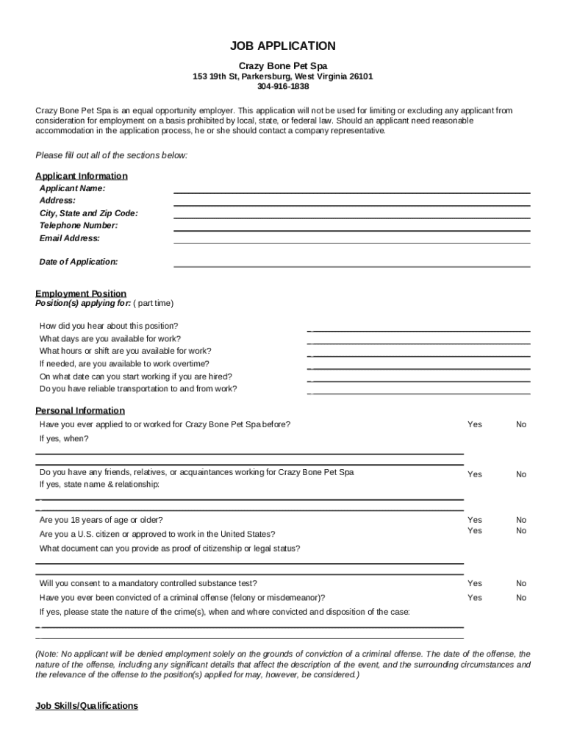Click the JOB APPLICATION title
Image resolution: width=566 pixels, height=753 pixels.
pos(282,46)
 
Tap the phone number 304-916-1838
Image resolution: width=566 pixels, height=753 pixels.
pos(283,87)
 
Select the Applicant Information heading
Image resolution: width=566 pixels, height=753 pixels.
pos(82,176)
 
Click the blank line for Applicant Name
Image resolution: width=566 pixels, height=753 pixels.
pos(351,193)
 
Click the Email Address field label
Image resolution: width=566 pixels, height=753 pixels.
pos(70,238)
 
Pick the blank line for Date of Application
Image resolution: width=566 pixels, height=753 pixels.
pos(351,265)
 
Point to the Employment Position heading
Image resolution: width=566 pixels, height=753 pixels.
pos(81,293)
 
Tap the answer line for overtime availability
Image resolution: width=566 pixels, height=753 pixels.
pos(419,368)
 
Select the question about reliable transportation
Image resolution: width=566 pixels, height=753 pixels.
pos(138,389)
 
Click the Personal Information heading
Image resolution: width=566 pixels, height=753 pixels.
pos(80,410)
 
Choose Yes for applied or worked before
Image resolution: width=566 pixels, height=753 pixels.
pos(475,424)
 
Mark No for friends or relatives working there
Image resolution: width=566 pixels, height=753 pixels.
pos(521,474)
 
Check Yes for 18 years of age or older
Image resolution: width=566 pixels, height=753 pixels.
pos(475,520)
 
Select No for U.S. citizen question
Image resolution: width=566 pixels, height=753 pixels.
pos(521,531)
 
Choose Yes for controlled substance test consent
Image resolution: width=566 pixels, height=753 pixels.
pos(475,583)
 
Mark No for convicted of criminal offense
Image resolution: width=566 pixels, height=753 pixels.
pos(521,598)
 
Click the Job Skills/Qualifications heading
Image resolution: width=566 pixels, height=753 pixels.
pos(87,706)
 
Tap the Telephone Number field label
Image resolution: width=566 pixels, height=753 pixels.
pos(79,226)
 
